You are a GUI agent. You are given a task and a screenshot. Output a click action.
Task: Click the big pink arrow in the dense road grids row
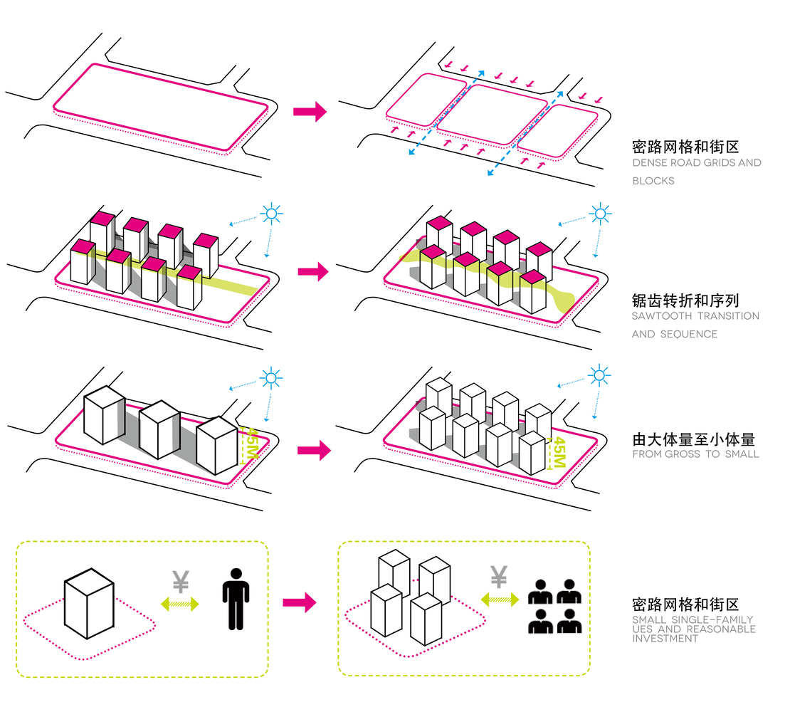310,111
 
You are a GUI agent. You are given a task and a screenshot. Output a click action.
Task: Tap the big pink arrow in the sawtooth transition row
313,272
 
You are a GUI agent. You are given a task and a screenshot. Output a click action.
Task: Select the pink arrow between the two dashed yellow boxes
300,602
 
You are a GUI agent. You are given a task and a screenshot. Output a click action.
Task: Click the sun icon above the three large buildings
271,378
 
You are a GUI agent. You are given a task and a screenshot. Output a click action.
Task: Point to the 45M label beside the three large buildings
252,444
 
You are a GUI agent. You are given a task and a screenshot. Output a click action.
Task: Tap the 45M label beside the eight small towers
559,453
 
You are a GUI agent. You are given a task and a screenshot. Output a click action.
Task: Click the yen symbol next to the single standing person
181,581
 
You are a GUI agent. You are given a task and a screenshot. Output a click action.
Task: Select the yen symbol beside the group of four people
499,576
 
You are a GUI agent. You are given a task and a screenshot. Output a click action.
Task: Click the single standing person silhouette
236,599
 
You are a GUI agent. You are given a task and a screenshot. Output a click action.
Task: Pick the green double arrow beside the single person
180,604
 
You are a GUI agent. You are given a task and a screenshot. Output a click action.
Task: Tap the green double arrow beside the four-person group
500,600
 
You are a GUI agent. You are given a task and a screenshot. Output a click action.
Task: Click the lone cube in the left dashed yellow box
89,604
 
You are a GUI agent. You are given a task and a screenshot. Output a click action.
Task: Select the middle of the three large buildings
159,429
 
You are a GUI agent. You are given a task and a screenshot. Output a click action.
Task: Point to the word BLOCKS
653,181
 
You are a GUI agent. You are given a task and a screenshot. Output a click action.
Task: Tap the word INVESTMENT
665,639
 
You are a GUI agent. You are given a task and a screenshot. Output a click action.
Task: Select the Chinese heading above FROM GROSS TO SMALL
693,439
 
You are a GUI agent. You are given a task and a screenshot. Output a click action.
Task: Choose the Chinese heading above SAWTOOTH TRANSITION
685,300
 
